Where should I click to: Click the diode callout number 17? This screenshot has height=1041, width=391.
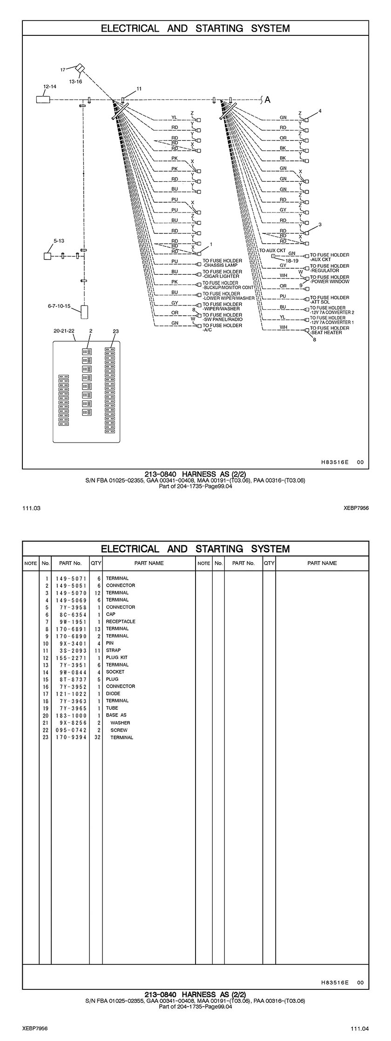(62, 70)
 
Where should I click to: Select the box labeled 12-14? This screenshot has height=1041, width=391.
(43, 99)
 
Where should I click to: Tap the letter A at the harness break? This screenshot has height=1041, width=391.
(268, 99)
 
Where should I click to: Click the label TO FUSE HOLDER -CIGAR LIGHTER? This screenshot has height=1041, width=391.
(222, 274)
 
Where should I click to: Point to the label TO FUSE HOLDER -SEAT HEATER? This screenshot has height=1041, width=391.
(330, 330)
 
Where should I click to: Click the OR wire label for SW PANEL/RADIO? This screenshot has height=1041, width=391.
(175, 313)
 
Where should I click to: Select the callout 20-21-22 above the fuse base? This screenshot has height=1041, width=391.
(64, 331)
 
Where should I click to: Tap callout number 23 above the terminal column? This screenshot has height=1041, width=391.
(116, 331)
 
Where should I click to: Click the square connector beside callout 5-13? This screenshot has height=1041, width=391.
(47, 256)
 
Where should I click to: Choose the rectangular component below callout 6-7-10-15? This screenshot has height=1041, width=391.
(84, 312)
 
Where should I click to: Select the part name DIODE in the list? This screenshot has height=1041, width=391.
(113, 693)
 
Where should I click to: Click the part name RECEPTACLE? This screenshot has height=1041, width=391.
(121, 622)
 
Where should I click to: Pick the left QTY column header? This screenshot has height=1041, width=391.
(96, 563)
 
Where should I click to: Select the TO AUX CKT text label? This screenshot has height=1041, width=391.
(272, 250)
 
